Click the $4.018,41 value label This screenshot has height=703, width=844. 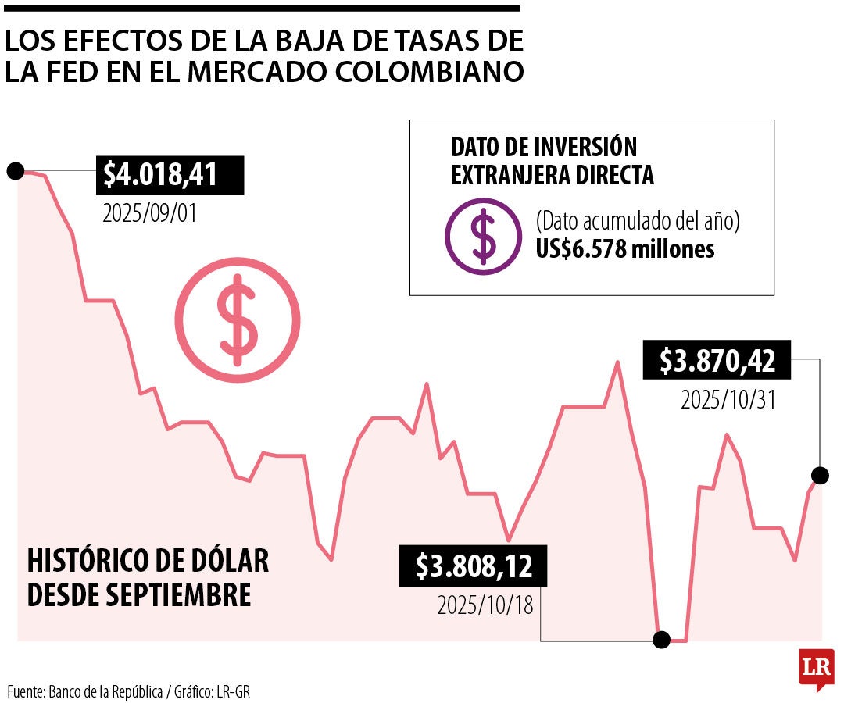click(169, 175)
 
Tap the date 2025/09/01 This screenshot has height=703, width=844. click(150, 212)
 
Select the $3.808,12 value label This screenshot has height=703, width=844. click(474, 566)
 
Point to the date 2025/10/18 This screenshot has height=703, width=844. click(485, 605)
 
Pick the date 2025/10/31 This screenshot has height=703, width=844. click(728, 400)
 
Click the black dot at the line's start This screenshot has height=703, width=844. click(15, 171)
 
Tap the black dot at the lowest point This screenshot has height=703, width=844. click(661, 641)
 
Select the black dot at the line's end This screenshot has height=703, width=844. click(820, 474)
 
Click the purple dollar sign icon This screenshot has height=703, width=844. click(483, 235)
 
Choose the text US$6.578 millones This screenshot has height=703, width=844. click(624, 249)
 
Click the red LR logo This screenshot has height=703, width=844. click(816, 668)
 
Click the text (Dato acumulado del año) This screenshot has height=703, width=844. click(637, 221)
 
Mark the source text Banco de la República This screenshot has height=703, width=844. click(105, 691)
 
